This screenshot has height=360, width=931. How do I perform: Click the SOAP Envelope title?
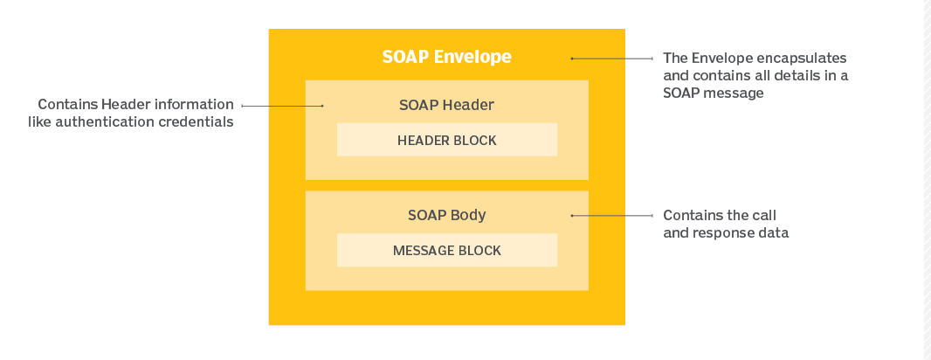point(446,58)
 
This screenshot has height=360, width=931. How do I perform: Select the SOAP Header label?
point(446,105)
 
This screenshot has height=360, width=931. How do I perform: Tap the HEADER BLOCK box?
point(446,140)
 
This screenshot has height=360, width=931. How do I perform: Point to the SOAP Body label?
point(446,215)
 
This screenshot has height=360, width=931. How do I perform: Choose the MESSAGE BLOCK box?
point(446,251)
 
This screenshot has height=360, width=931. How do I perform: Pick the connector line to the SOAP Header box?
point(281,106)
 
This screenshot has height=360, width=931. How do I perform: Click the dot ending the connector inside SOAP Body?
point(572,215)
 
